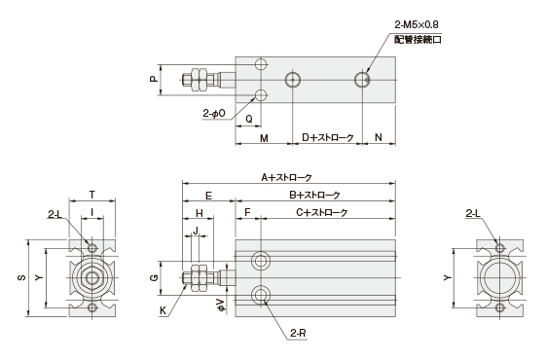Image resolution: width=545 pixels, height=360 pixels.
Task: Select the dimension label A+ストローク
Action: pos(285,178)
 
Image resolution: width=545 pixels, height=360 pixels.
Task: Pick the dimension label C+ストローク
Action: pos(320,211)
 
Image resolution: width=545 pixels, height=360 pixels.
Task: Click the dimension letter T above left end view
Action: pos(91,195)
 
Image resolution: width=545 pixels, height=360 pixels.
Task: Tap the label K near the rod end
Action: pos(163,309)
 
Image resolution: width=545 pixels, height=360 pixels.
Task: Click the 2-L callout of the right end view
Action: pos(473,213)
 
